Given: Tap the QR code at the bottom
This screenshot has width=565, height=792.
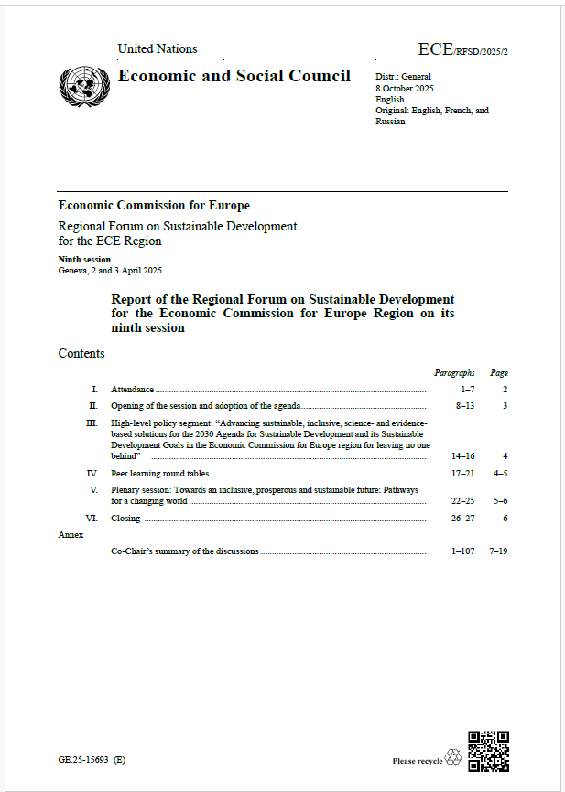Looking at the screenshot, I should (x=488, y=751).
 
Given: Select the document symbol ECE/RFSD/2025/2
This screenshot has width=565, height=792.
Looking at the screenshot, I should (x=462, y=49).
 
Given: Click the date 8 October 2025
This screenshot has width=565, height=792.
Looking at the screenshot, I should (x=405, y=88).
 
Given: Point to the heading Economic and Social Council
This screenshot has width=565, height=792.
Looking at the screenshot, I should (x=234, y=76).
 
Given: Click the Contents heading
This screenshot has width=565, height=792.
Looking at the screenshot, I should (x=81, y=353).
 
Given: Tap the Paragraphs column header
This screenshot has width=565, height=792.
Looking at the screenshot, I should (x=454, y=373).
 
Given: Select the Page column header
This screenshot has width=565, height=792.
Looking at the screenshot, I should (x=499, y=373).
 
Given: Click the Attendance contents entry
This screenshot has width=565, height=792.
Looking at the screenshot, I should (x=132, y=390).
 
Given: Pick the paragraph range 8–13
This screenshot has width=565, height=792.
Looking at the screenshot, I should (x=464, y=405).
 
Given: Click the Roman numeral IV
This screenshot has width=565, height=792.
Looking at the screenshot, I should (x=92, y=474).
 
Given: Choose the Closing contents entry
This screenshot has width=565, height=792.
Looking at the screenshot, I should (x=125, y=519).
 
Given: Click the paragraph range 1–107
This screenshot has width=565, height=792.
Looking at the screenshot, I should (x=462, y=551).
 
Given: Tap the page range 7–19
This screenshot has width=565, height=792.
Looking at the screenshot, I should (x=498, y=551).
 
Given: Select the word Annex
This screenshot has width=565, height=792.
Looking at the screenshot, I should (x=71, y=534).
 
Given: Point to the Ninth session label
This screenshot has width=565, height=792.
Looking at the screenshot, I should (x=84, y=260).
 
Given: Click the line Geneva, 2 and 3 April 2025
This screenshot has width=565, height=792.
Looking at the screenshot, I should (x=110, y=271).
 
